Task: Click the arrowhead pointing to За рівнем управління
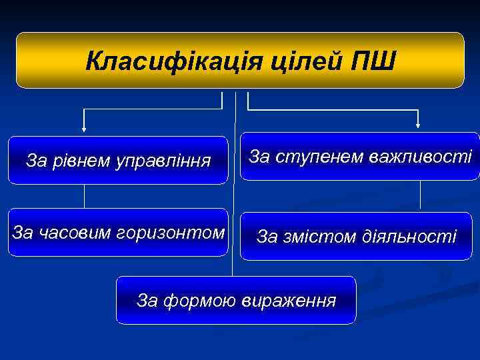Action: tap(84, 129)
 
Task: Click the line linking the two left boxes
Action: tap(84, 196)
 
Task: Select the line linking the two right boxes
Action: tap(420, 196)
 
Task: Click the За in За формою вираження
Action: tap(147, 300)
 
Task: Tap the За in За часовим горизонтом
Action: tap(23, 232)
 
